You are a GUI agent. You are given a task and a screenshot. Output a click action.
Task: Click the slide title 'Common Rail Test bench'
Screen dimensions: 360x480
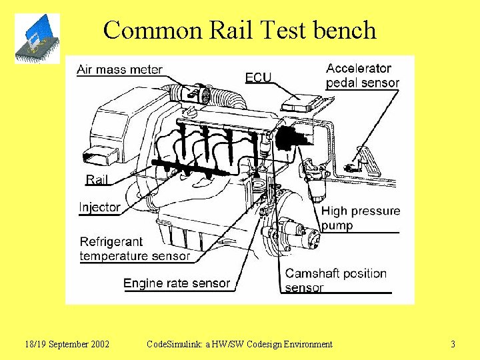[x=240, y=30]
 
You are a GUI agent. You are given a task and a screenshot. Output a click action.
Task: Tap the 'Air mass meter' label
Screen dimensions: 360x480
[x=119, y=69]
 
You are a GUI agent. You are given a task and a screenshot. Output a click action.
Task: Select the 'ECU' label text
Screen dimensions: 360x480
[x=258, y=77]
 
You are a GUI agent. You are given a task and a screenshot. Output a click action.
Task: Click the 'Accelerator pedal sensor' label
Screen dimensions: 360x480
[x=362, y=75]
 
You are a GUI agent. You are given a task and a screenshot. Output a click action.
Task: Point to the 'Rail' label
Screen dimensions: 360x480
[x=97, y=179]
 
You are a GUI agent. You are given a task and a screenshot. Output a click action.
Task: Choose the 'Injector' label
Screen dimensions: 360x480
[x=100, y=207]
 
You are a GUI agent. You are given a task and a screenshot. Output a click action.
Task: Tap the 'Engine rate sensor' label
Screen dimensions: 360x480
[x=176, y=283]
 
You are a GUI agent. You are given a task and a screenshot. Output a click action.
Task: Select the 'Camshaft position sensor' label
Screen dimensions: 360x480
[x=335, y=281]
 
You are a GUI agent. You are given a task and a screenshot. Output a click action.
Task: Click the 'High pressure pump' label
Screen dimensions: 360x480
[x=360, y=218]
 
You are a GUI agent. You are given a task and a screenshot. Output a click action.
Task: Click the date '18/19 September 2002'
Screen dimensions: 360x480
[x=67, y=345]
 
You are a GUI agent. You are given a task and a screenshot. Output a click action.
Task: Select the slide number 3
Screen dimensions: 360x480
[x=453, y=345]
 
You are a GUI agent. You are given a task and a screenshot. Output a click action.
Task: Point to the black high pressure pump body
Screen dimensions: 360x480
[x=291, y=138]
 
